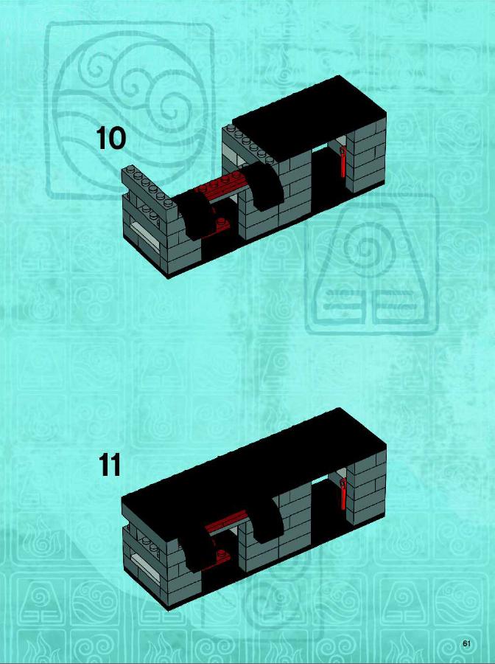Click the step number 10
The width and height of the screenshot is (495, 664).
pyautogui.click(x=110, y=138)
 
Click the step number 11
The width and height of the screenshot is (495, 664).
pyautogui.click(x=110, y=465)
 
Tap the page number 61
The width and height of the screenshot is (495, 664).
pyautogui.click(x=467, y=643)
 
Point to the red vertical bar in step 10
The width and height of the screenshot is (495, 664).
pyautogui.click(x=343, y=162)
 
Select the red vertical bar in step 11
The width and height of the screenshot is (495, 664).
pyautogui.click(x=344, y=494)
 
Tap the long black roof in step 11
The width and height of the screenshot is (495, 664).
pyautogui.click(x=253, y=466)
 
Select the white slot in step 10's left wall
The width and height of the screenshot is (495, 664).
pyautogui.click(x=144, y=234)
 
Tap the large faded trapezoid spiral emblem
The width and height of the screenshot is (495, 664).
pyautogui.click(x=372, y=265)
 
